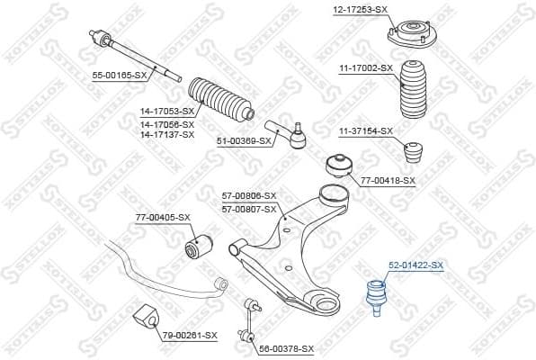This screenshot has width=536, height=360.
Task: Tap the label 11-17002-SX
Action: pos(366,67)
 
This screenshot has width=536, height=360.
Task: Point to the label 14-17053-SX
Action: pos(166,111)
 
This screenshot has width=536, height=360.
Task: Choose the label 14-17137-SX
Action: pos(166,134)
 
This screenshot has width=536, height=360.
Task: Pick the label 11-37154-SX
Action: pos(366,131)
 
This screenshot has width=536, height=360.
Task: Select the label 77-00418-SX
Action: pos(388,181)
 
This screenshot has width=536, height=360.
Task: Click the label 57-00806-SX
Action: pos(249,195)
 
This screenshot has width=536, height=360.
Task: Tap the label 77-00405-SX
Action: pos(163,217)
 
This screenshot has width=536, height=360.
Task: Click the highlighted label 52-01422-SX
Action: pos(415,265)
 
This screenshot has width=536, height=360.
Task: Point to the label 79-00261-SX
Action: pos(190,336)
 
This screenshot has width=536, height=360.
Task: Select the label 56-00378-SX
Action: pos(286,348)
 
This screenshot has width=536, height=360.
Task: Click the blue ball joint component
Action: pos(374,293)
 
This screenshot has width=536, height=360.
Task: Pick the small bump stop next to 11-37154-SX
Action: pos(415,150)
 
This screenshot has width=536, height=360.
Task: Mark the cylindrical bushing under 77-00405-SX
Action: pos(197,245)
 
